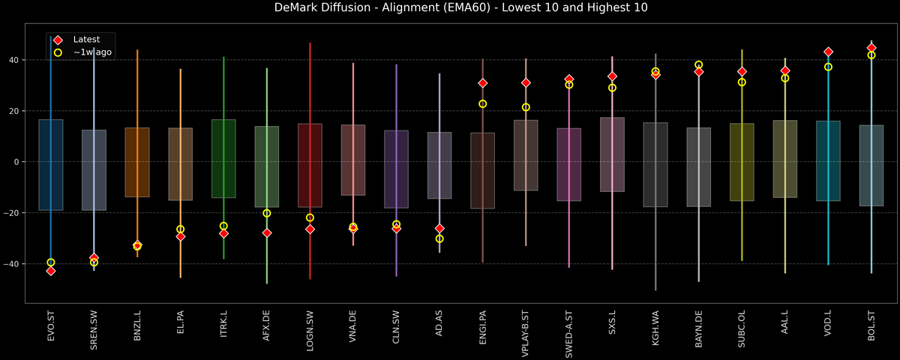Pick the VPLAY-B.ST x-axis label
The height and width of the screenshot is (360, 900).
(526, 333)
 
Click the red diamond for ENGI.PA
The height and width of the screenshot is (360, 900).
(483, 83)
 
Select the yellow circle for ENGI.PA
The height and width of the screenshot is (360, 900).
(483, 104)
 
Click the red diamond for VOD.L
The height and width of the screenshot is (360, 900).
(828, 52)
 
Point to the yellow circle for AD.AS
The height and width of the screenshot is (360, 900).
(439, 238)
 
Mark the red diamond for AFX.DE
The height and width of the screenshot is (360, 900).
(267, 233)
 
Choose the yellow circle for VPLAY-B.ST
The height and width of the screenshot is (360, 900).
(526, 107)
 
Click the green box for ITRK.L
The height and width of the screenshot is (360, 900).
(223, 159)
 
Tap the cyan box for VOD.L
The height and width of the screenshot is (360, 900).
(828, 161)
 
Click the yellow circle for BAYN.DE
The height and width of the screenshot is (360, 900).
(699, 65)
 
